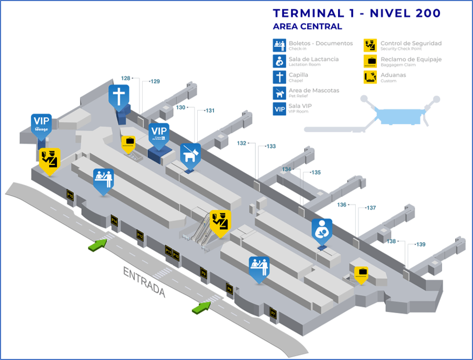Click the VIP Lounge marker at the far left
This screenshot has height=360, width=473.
point(41,124)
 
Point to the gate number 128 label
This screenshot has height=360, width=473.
point(126,78)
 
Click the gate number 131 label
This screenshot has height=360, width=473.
point(210,110)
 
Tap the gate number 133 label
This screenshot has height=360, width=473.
point(271,147)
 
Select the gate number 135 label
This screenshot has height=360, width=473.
point(316,172)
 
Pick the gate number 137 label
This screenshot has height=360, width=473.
point(371,208)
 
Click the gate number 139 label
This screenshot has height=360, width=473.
point(420,244)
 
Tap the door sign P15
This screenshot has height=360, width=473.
point(70,195)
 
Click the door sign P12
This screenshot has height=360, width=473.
point(140,235)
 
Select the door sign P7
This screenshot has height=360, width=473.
point(273,313)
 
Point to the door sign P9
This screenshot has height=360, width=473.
point(204,273)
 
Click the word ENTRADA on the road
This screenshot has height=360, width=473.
point(144,282)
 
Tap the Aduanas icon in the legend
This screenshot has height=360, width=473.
point(370,77)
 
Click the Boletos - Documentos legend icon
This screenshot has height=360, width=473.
point(278,46)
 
